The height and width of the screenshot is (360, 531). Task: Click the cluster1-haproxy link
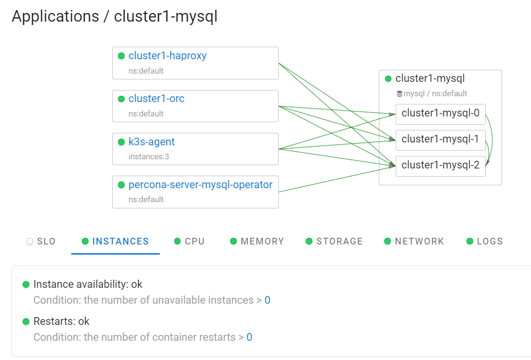tap(167, 56)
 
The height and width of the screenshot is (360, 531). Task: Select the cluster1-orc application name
tap(156, 99)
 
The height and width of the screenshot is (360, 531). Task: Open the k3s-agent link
tap(151, 142)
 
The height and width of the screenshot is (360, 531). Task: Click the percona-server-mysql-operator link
tap(200, 185)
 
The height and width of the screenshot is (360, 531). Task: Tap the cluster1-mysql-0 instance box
tap(440, 113)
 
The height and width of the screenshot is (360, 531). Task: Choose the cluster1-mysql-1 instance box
tap(440, 139)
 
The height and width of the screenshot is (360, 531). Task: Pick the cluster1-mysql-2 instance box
tap(440, 165)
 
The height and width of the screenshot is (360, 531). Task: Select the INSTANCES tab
tap(116, 242)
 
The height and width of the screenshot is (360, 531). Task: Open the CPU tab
tap(190, 242)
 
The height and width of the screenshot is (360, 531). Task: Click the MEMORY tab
tap(257, 242)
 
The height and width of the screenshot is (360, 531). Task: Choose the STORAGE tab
tap(334, 242)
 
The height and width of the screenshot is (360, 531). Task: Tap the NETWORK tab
tap(414, 242)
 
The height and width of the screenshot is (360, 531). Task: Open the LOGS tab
tap(485, 242)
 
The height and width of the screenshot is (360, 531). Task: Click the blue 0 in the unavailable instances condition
tap(267, 300)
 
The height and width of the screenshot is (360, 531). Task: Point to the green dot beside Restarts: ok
tap(26, 321)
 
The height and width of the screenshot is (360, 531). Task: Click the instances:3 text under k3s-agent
tap(149, 156)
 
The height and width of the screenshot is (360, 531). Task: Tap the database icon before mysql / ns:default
tap(399, 94)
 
